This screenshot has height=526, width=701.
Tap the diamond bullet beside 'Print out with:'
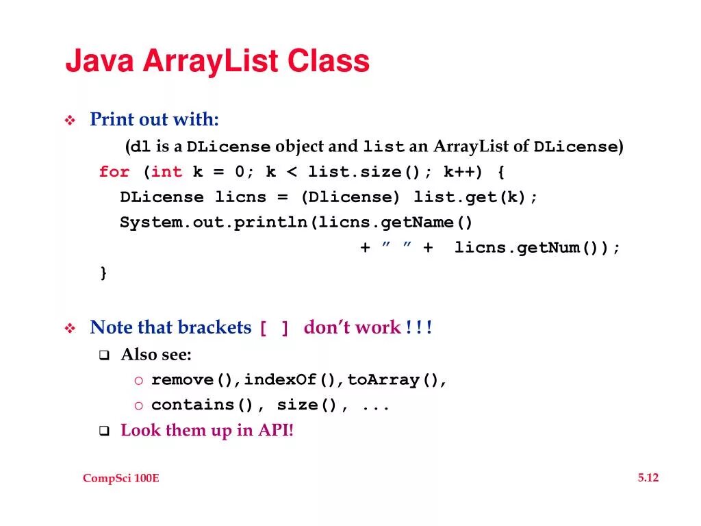coord(70,121)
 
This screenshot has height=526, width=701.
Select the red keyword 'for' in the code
coord(114,172)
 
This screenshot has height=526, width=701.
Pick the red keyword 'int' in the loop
coord(167,172)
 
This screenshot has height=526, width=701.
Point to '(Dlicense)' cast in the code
coord(350,197)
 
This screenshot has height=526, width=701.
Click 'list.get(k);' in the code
coord(476,197)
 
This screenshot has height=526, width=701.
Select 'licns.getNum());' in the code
coord(537,248)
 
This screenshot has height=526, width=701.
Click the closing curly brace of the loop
coord(103,273)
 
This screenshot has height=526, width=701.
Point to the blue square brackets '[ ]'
coord(274,329)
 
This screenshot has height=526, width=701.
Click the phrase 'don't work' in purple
coord(352,328)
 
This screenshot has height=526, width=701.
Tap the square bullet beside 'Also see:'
coord(104,355)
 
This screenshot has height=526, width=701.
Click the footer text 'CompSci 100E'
coord(121,478)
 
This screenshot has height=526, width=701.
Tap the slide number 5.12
coord(648,477)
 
